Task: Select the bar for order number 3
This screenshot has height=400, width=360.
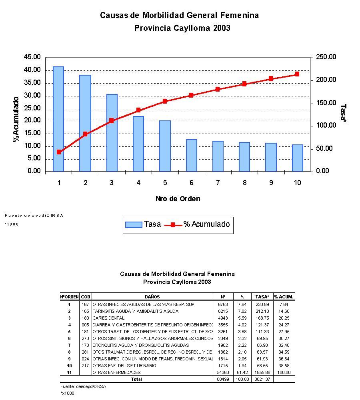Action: coord(112,133)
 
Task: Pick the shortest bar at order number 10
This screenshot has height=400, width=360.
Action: coord(297,158)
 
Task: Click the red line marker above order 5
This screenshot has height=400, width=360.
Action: coord(165,101)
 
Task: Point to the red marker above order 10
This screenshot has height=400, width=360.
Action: coord(297,74)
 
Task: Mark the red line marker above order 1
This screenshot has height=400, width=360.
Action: coord(59,152)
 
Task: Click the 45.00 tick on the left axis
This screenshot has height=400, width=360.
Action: coord(32,57)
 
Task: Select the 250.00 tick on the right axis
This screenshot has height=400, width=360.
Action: coord(326,57)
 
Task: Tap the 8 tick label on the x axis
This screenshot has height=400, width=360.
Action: coord(244,183)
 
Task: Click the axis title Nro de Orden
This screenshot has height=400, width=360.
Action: coord(178,199)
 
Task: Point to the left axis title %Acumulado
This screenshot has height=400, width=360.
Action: coord(16,119)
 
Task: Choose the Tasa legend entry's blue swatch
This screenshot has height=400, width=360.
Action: coord(134,225)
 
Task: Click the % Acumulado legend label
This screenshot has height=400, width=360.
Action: coord(206,224)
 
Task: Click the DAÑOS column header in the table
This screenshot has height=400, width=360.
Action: coord(152,297)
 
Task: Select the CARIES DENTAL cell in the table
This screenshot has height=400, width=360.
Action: coord(108,318)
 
